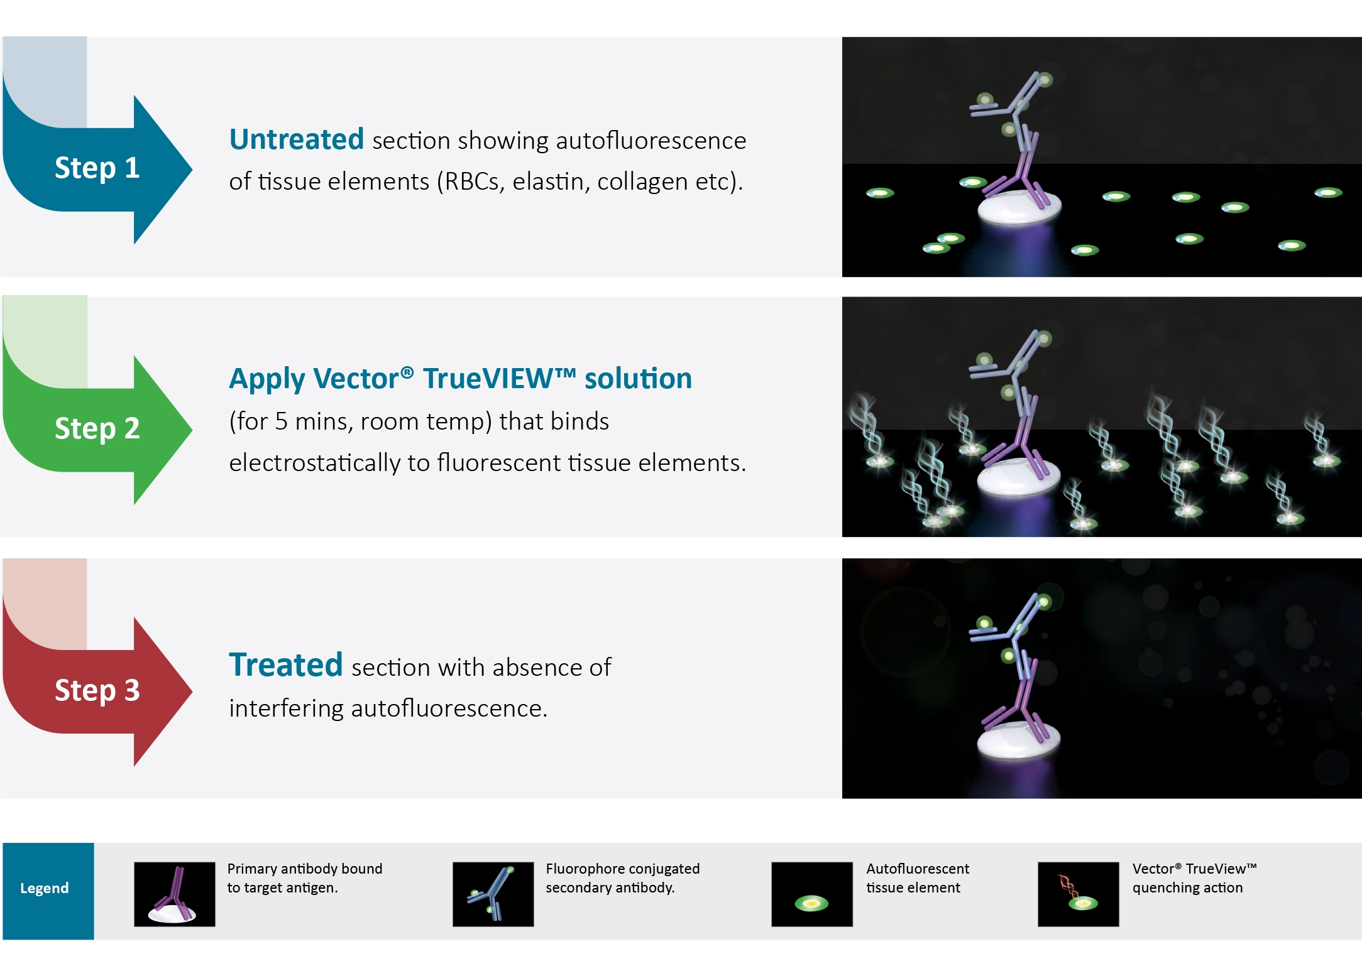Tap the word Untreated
(x=296, y=139)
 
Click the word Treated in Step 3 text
(x=285, y=665)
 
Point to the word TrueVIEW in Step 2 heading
(x=499, y=379)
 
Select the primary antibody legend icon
(x=174, y=894)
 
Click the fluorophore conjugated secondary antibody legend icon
(x=493, y=894)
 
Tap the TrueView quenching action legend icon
(x=1078, y=894)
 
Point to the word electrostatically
(x=314, y=463)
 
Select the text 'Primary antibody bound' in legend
(x=304, y=869)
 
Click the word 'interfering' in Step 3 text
(x=286, y=708)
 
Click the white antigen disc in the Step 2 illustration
(x=1018, y=476)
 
